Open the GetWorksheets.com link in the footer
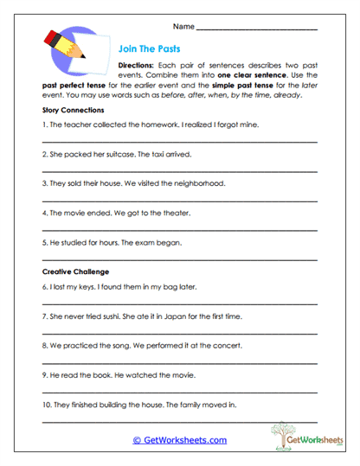click(x=179, y=440)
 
